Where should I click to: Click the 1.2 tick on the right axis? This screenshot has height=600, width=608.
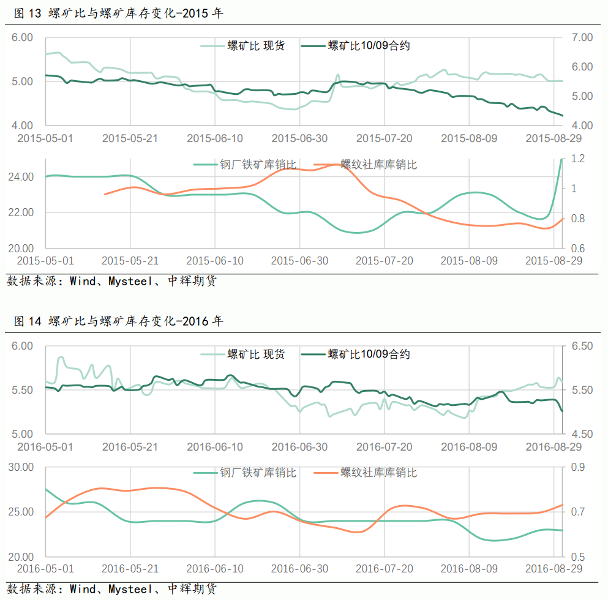point(577,159)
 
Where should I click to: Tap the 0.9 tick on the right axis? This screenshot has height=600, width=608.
point(577,467)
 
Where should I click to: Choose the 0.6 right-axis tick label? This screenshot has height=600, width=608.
point(577,249)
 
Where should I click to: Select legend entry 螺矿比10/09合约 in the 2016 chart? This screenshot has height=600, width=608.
point(369,354)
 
